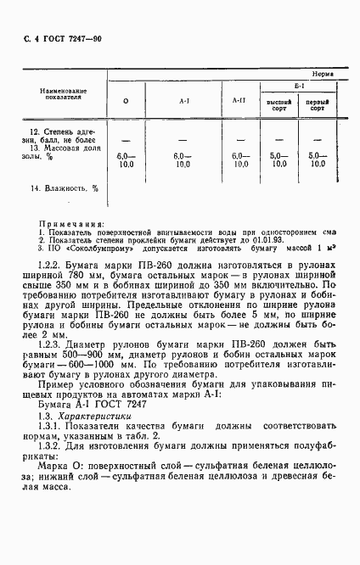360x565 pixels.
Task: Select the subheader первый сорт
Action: [319, 106]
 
